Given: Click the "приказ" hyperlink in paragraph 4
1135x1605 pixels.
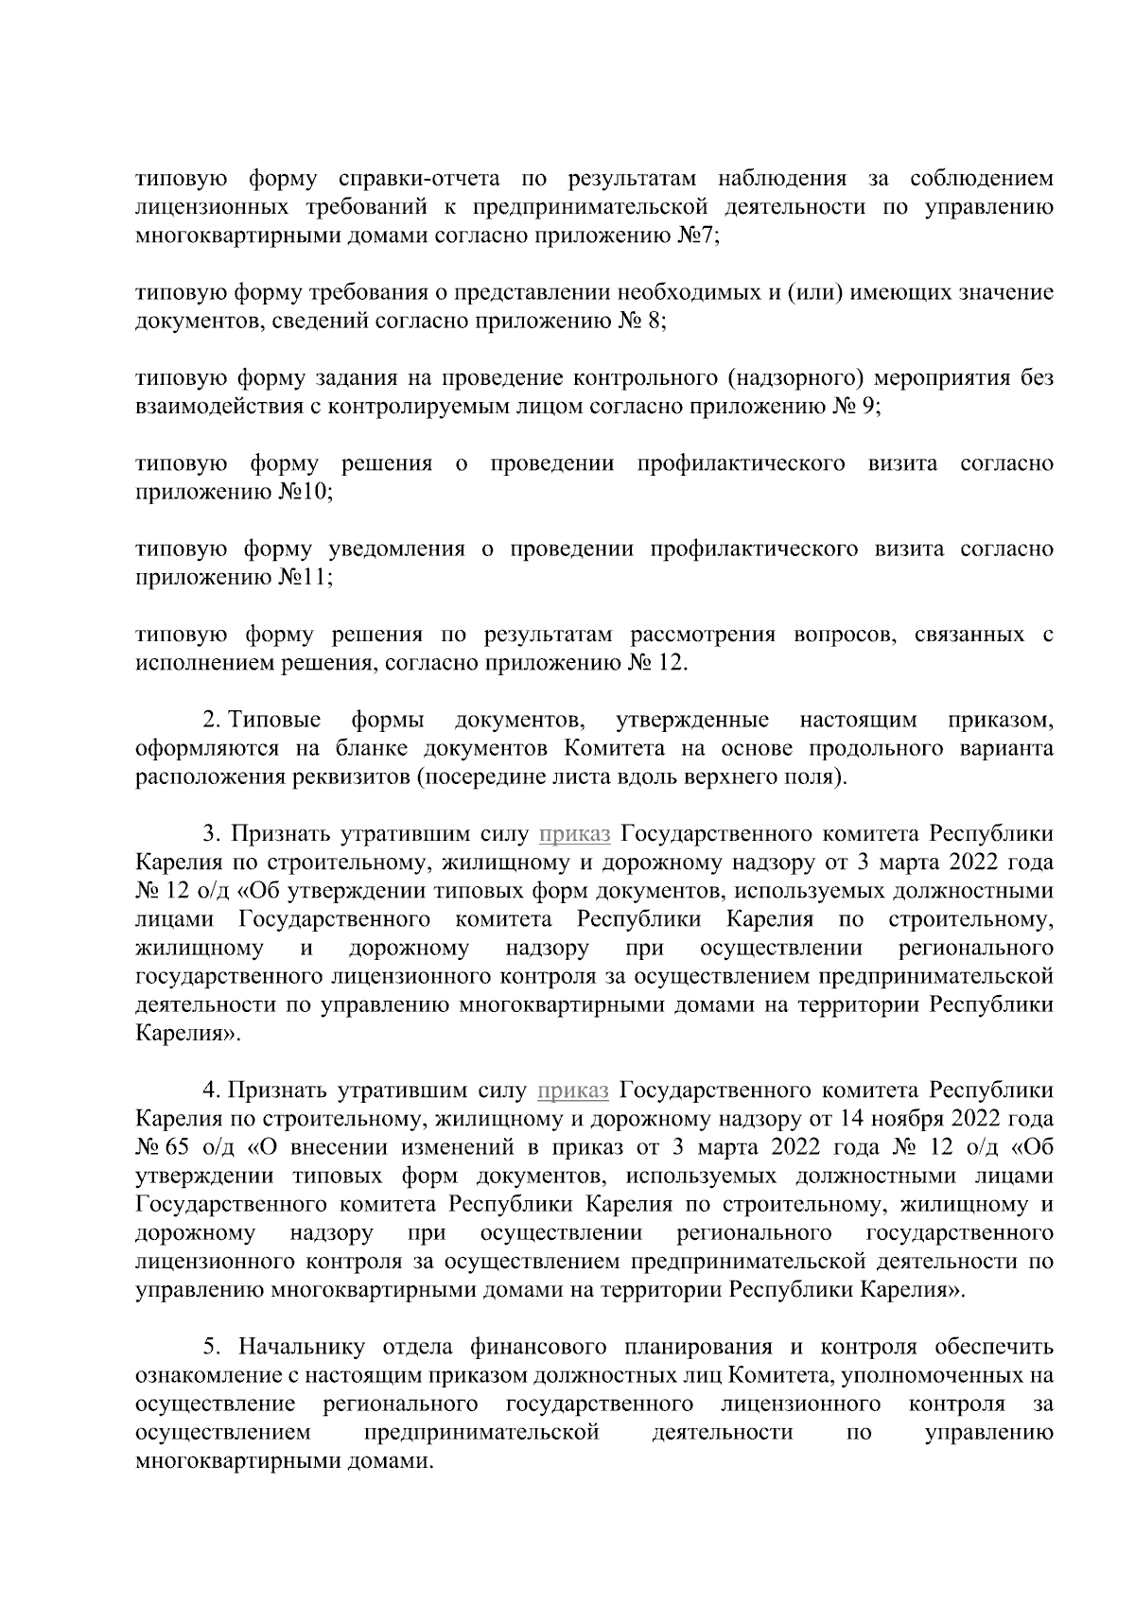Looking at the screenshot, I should click(573, 1090).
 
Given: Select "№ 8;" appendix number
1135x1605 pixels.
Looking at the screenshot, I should click(644, 322).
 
